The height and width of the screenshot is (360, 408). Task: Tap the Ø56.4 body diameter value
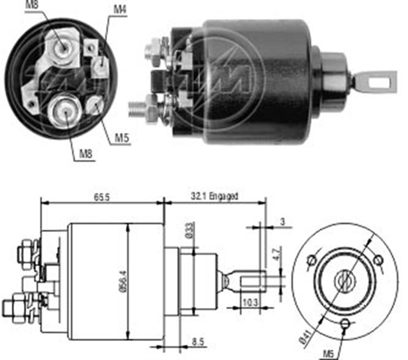(x=123, y=282)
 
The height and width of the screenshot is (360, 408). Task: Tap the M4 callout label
(x=119, y=9)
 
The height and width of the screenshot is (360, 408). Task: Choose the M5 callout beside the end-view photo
(x=121, y=138)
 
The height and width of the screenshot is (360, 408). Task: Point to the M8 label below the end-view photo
(x=85, y=153)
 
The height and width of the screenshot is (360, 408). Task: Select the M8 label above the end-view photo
(x=32, y=6)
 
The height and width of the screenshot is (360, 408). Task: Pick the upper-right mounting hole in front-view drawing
(x=379, y=259)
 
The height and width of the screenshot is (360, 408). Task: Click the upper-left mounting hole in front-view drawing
(x=311, y=259)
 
